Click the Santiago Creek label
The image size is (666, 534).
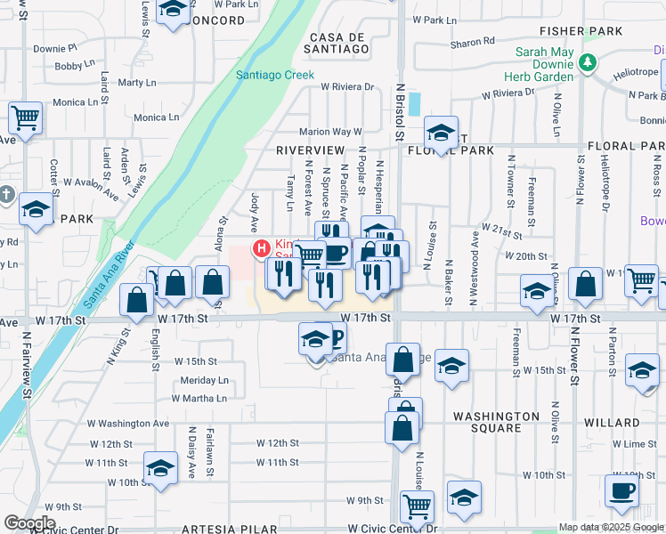tap(275, 76)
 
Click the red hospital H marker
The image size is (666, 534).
tap(262, 247)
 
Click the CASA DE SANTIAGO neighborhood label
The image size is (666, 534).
tap(338, 44)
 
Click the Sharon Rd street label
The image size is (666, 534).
tap(473, 42)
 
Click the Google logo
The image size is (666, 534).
tap(29, 523)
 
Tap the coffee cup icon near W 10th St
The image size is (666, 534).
tap(621, 489)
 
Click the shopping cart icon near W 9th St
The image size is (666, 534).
tap(417, 506)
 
